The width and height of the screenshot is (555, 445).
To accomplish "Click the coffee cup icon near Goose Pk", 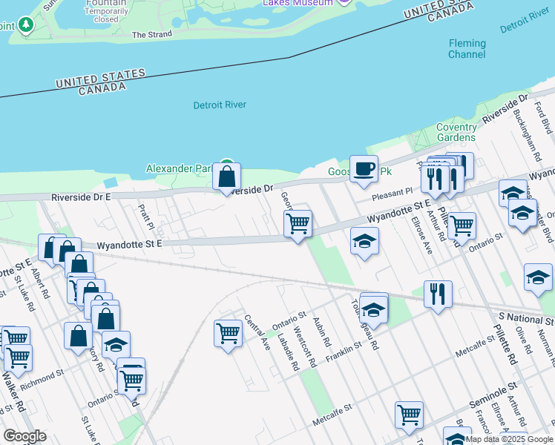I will point(364,169).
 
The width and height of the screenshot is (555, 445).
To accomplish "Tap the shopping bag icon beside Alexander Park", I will point(226,177).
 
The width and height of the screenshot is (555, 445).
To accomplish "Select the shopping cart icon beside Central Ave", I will point(228,333).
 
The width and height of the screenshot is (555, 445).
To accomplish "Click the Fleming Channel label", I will point(467,49).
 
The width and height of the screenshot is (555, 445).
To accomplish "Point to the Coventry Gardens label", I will point(456,132).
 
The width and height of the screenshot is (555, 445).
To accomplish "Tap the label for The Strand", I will point(151,35).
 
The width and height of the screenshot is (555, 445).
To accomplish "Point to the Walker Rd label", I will point(16,396).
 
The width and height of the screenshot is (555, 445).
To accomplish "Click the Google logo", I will point(25,435).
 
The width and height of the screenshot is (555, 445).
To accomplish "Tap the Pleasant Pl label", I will point(393,191).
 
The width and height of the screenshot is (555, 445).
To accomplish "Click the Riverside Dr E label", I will point(81,197).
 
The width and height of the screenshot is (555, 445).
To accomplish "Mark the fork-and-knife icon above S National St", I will point(438,293).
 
